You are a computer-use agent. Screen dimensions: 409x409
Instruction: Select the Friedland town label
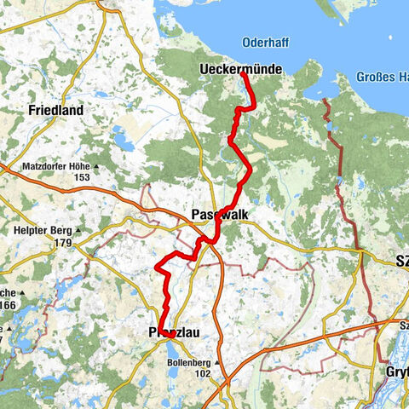(x=55, y=110)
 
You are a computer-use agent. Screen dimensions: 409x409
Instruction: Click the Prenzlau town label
(x=174, y=332)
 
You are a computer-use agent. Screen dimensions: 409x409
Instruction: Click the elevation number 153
(x=82, y=177)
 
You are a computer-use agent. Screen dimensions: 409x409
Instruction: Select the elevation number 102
(x=202, y=373)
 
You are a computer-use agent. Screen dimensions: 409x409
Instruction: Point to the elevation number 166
(x=8, y=305)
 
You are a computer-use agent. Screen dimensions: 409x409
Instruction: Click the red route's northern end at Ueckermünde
(x=245, y=74)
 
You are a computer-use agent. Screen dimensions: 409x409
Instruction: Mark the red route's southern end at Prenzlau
(x=170, y=336)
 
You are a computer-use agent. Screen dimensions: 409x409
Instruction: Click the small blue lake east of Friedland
(x=124, y=139)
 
